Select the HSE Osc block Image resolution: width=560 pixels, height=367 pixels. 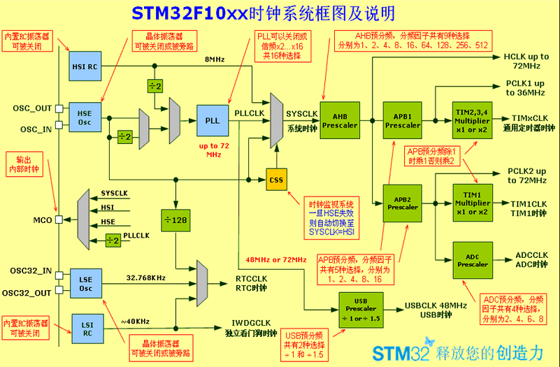[85, 117]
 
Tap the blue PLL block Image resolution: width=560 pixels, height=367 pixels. [213, 120]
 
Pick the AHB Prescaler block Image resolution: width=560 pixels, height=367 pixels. [340, 121]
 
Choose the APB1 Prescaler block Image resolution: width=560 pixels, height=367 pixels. [403, 121]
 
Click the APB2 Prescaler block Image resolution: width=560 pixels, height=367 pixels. [403, 203]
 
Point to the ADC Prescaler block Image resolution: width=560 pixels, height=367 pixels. [473, 260]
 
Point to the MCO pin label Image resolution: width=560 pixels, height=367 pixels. [42, 220]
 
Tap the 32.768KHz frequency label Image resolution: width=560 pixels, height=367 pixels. [145, 277]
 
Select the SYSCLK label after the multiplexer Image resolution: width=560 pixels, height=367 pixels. [302, 113]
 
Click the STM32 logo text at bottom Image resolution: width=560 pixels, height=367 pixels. [394, 352]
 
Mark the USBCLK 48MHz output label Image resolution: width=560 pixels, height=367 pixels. [436, 305]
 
